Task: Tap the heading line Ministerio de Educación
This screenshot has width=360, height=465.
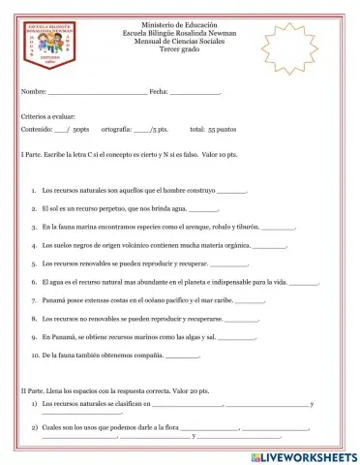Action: [179, 21]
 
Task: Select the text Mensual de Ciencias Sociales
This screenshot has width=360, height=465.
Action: [179, 39]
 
